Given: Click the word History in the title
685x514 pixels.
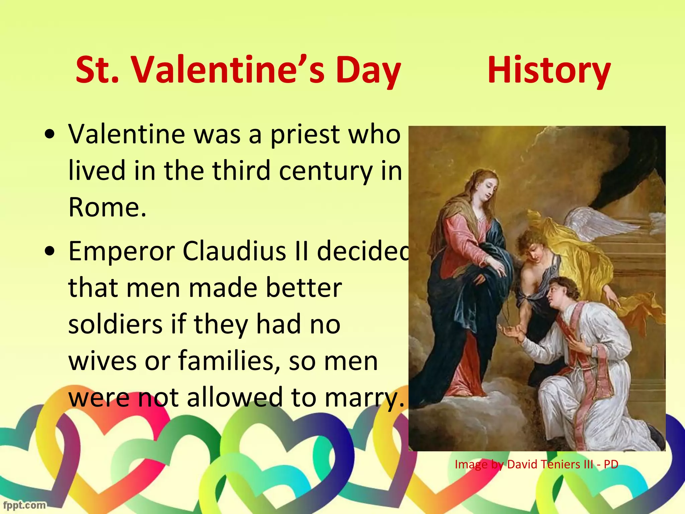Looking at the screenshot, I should (x=549, y=71).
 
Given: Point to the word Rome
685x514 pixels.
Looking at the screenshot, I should (x=107, y=207).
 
